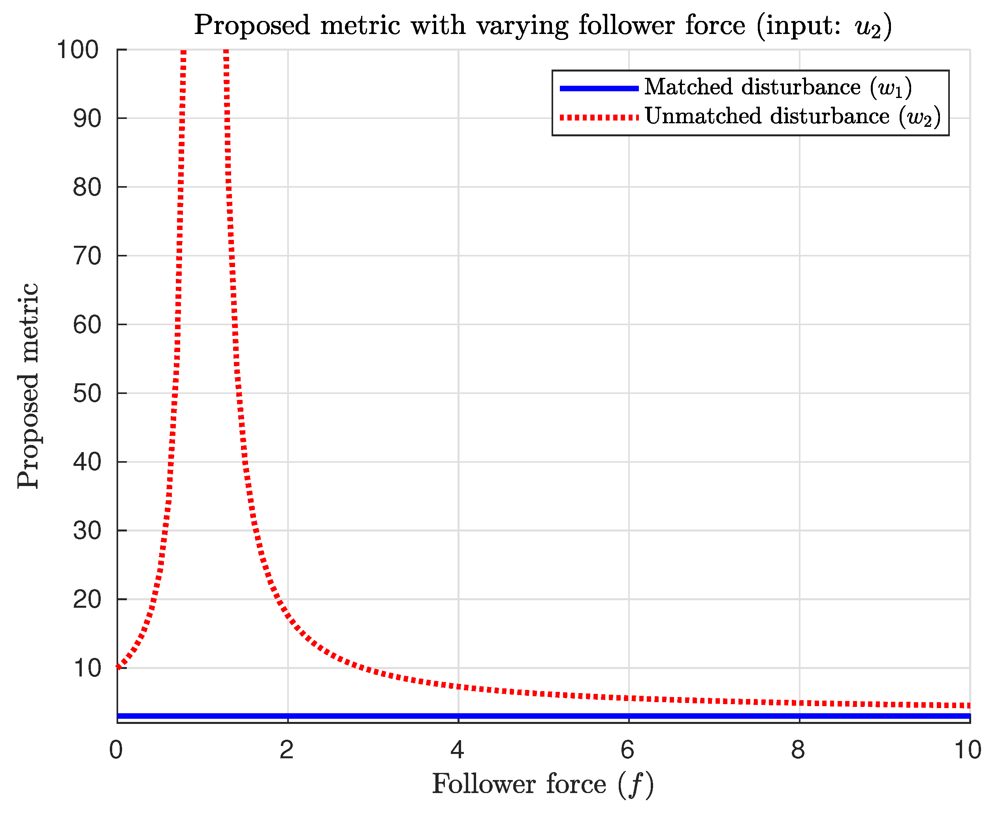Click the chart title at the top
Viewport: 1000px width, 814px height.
click(x=542, y=25)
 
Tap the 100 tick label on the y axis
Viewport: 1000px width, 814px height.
click(x=78, y=50)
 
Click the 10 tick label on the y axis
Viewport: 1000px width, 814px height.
click(x=87, y=668)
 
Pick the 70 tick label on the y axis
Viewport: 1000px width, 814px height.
click(x=87, y=256)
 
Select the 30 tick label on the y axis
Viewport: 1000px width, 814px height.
click(x=87, y=531)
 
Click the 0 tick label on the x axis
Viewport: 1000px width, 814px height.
click(x=116, y=749)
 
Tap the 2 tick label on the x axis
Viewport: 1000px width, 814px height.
click(x=287, y=749)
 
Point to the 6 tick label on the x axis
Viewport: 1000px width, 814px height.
click(x=628, y=749)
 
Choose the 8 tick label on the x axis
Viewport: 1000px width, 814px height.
click(x=798, y=749)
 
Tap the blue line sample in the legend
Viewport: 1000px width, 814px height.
click(x=599, y=88)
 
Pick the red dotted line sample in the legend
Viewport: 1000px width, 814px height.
click(x=599, y=117)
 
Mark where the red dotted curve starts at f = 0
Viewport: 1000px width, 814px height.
click(x=118, y=667)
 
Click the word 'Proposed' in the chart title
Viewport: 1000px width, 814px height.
click(x=252, y=25)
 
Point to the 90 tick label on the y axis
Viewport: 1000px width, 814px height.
click(x=87, y=119)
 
